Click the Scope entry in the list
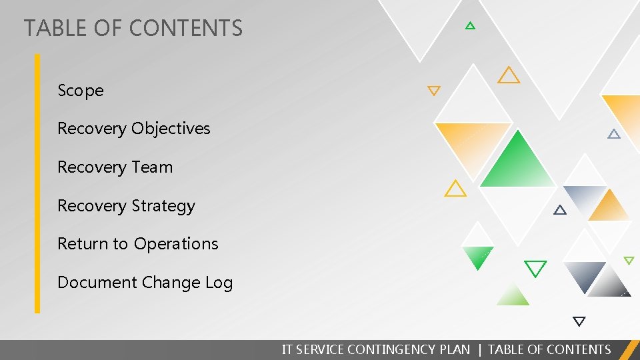coord(81,91)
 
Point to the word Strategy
coord(165,206)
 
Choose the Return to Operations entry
coord(137,244)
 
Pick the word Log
coord(219,283)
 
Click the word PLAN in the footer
coord(455,349)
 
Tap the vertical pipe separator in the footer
coord(479,349)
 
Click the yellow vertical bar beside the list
coord(37,183)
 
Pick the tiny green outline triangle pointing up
coord(470,26)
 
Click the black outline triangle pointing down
coord(579,321)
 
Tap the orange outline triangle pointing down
coord(434,90)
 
